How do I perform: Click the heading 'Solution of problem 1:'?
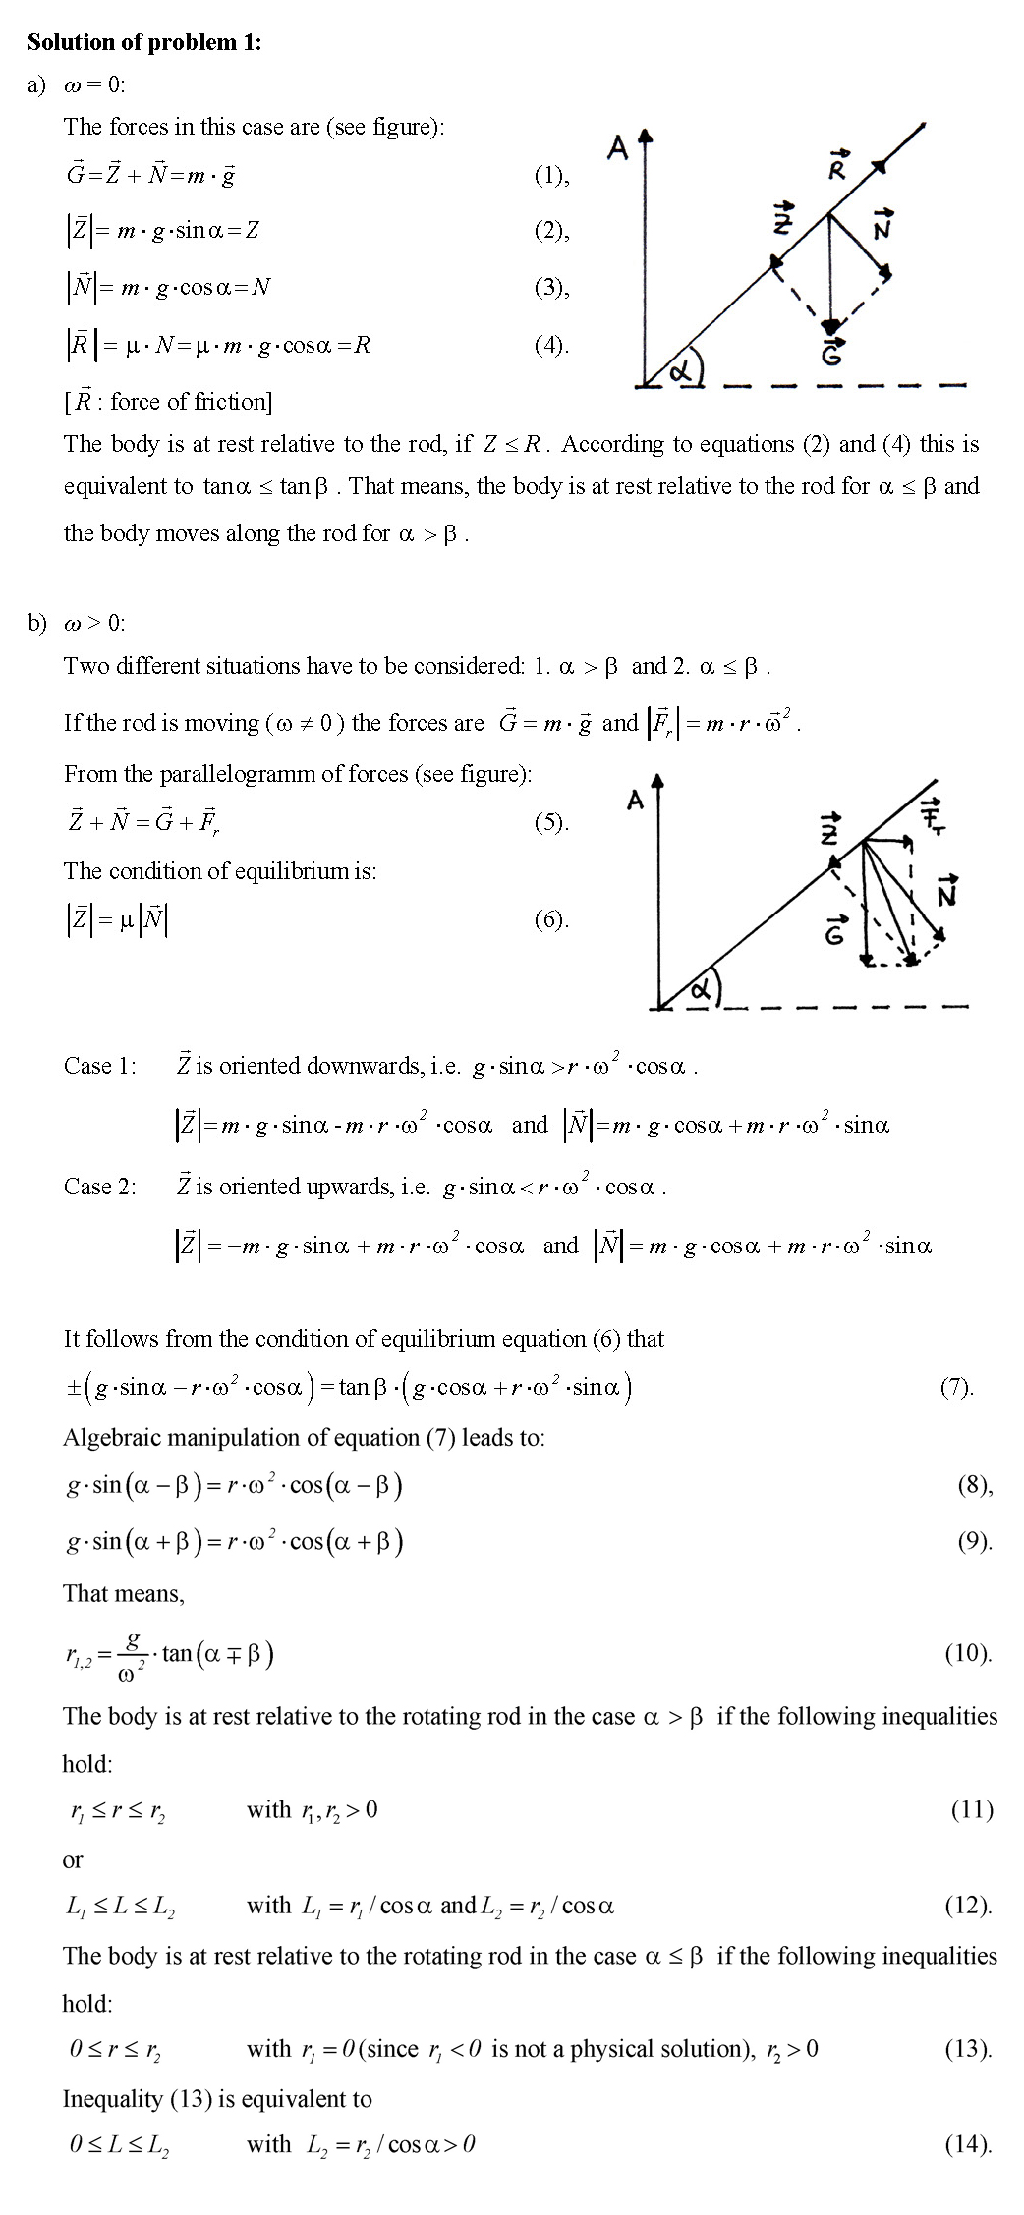[x=144, y=42]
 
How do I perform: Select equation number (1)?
[x=550, y=176]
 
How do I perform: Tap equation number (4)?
[x=550, y=345]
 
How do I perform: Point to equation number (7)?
[x=955, y=1387]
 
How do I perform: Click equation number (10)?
[x=967, y=1653]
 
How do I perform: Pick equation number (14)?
[x=967, y=2144]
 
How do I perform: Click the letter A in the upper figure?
[x=618, y=148]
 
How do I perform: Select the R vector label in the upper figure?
[x=838, y=168]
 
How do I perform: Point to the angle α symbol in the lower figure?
[x=700, y=990]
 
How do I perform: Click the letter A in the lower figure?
[x=635, y=801]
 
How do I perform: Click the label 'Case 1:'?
[x=100, y=1066]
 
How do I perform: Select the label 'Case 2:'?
[x=100, y=1187]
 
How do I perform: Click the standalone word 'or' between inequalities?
[x=73, y=1859]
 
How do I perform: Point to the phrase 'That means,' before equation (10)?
[x=124, y=1593]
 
